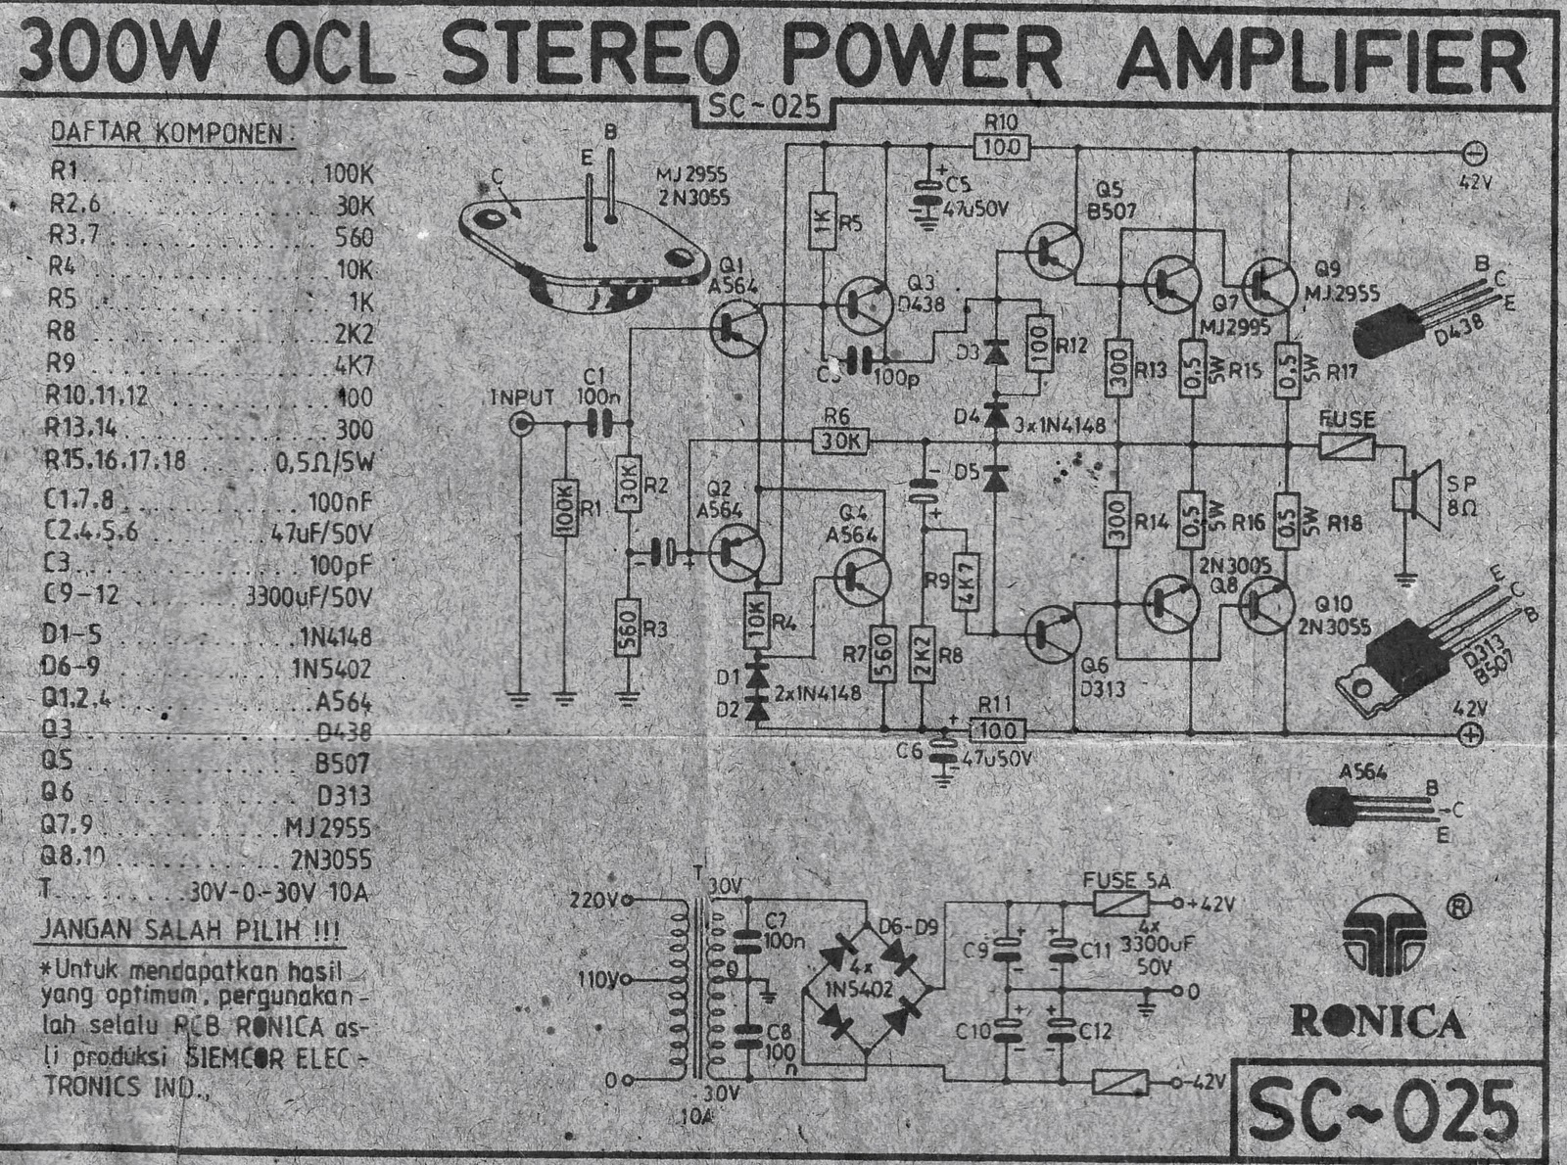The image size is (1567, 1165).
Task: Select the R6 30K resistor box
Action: pos(840,442)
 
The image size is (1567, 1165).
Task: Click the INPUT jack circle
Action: pos(522,424)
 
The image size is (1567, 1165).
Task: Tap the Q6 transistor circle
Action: pos(1053,631)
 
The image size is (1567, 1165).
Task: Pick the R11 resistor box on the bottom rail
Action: pos(998,729)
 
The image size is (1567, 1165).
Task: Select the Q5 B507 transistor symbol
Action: pos(1054,251)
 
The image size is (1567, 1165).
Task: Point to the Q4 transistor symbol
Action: pos(862,578)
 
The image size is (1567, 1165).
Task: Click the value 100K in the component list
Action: pos(348,174)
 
